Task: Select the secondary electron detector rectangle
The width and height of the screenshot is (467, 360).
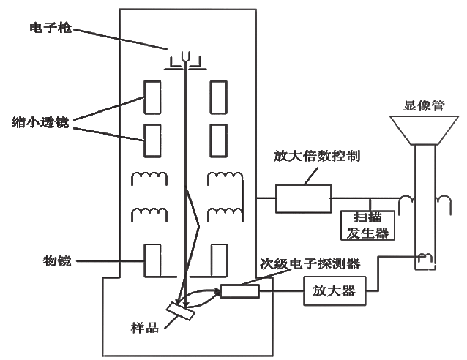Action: (239, 290)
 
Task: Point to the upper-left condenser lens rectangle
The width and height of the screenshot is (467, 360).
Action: (152, 97)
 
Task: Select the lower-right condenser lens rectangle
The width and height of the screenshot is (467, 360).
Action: (219, 140)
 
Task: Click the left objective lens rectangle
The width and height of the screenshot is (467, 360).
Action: (152, 260)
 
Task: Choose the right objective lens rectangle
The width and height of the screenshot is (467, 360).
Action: (219, 260)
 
